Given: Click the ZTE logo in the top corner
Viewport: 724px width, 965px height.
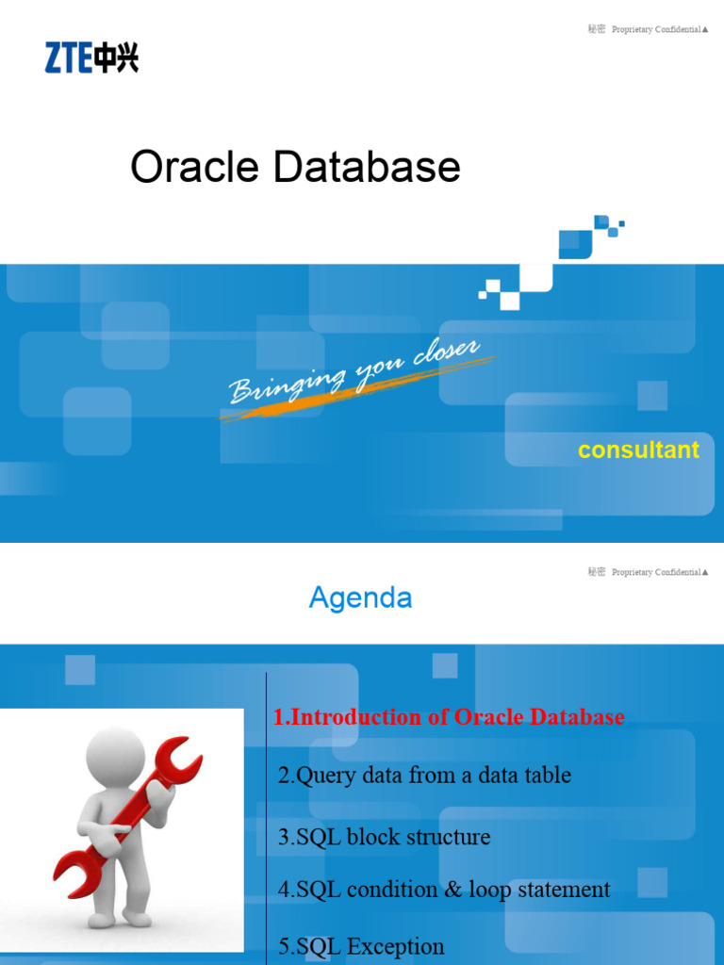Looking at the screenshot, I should [91, 57].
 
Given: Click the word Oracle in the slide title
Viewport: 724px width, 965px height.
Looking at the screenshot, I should [194, 168].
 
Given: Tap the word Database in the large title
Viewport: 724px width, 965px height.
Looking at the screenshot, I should [367, 168].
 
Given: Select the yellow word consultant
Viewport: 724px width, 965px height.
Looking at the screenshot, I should [638, 450].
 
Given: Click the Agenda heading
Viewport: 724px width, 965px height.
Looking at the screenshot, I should [360, 597].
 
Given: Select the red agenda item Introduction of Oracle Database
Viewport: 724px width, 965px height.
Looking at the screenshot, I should [449, 717].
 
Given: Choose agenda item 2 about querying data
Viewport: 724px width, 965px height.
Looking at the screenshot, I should [424, 776].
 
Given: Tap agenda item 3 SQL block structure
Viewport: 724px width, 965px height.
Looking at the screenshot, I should [385, 837].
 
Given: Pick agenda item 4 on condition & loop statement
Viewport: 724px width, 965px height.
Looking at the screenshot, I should [444, 890].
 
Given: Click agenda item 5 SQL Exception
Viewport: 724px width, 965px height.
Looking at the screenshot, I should [361, 946].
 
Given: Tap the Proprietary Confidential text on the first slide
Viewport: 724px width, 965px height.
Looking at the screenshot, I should [656, 30].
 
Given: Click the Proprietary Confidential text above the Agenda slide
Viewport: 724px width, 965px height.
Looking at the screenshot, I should [656, 573].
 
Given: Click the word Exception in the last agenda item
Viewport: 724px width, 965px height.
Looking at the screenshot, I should [397, 946].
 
